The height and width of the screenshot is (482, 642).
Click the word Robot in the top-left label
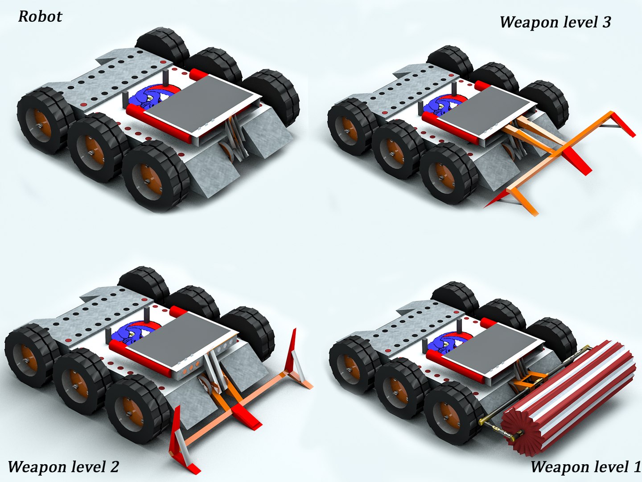pos(40,17)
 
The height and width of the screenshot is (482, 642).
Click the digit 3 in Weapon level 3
pos(606,22)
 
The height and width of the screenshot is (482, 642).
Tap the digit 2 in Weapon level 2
pos(114,466)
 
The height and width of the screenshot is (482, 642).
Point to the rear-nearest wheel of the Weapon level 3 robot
pos(350,127)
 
